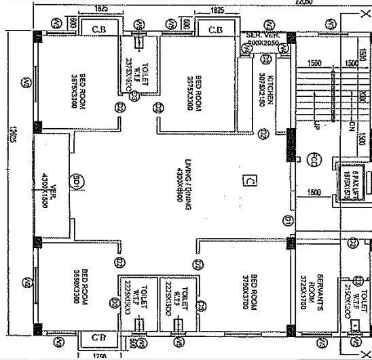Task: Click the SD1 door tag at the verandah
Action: (78, 182)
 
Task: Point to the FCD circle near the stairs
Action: (314, 161)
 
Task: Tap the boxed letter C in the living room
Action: (249, 180)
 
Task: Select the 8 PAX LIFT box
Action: (350, 174)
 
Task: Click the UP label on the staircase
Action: (316, 125)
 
